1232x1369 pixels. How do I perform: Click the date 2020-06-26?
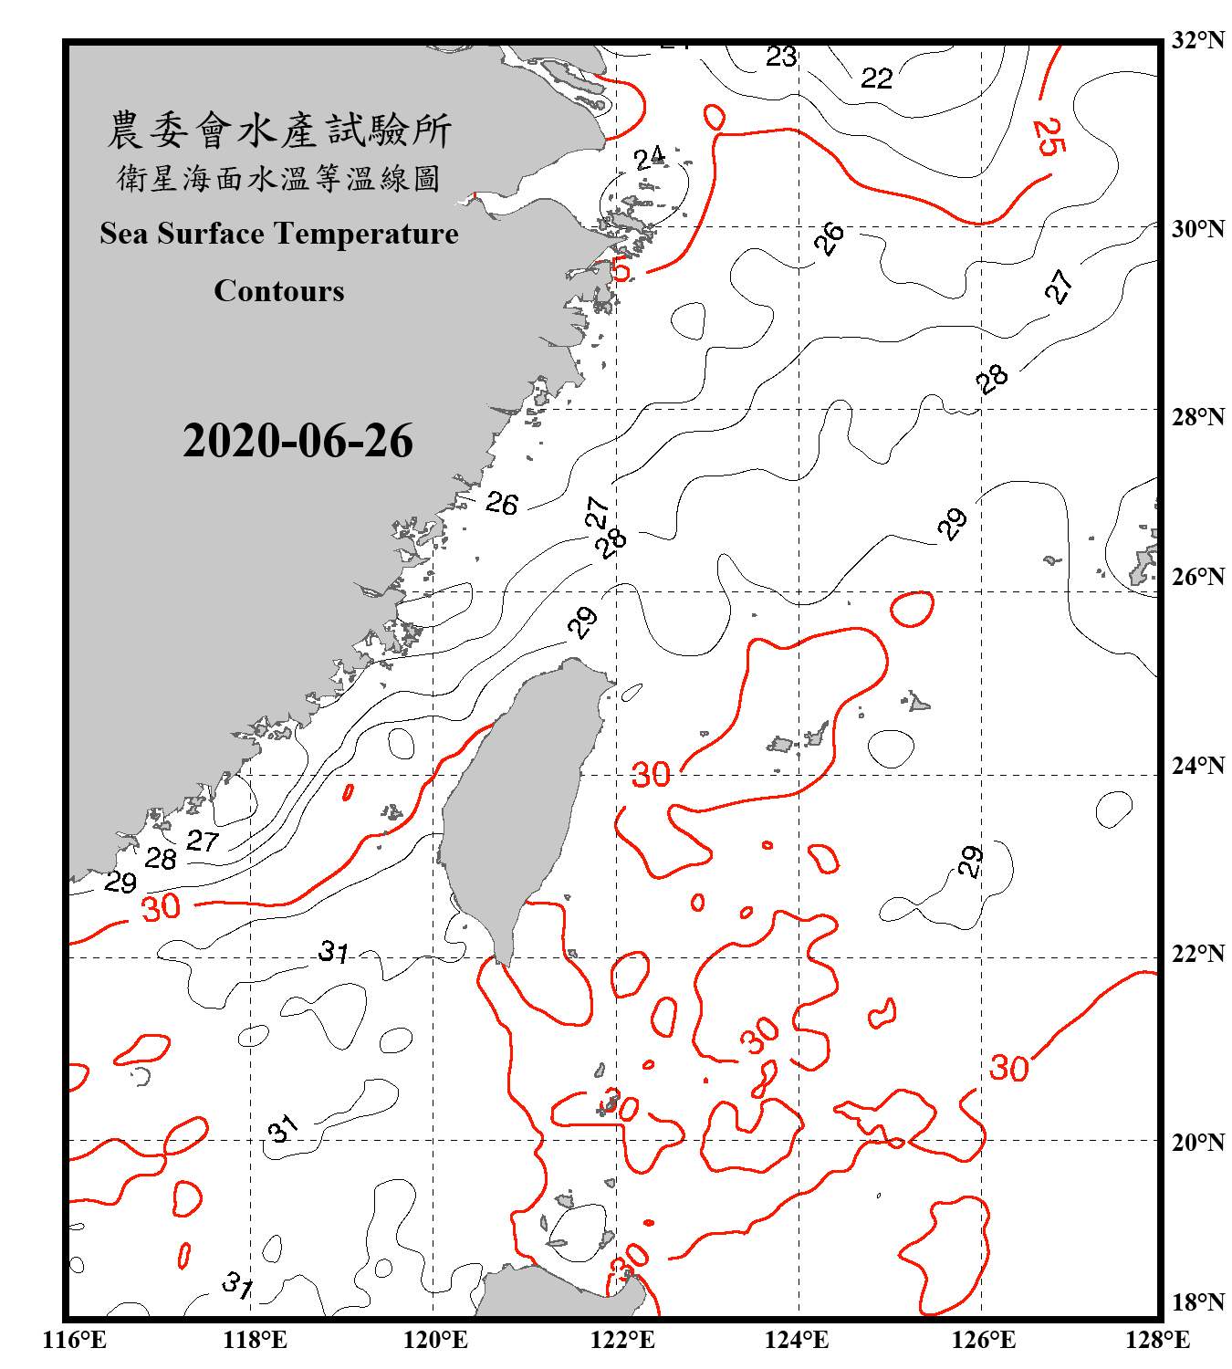[298, 441]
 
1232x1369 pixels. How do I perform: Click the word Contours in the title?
[279, 291]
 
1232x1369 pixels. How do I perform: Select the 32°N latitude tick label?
[1197, 40]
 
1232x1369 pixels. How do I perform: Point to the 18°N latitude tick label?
[1197, 1302]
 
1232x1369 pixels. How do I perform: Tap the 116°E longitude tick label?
[74, 1340]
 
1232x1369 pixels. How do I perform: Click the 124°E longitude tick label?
[797, 1340]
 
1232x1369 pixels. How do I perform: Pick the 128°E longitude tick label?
[1157, 1340]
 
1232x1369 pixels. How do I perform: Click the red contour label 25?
[1049, 137]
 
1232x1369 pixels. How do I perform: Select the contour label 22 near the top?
[876, 78]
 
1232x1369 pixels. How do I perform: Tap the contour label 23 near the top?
[781, 57]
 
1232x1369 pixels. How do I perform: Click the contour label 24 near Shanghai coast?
[650, 160]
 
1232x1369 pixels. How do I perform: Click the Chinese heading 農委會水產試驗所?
[279, 131]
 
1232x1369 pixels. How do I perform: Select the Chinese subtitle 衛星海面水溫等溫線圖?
[279, 179]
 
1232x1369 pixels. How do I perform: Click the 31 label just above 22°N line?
[334, 953]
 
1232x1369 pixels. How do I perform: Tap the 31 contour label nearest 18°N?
[238, 1286]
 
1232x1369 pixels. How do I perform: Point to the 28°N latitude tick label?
[1197, 417]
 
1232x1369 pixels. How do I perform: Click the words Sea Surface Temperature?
[279, 234]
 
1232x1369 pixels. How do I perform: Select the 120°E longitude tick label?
[435, 1340]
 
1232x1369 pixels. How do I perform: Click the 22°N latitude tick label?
[1197, 954]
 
